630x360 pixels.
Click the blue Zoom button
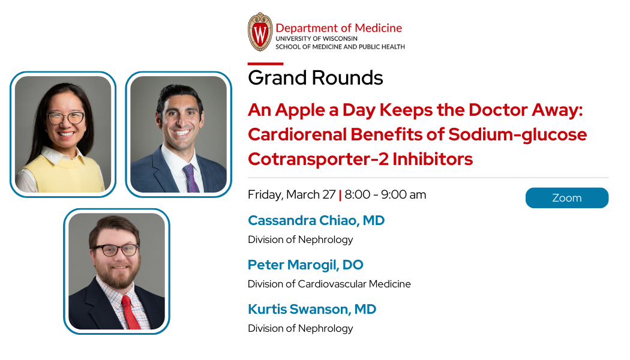[x=566, y=198]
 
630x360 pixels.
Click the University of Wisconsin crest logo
[x=260, y=32]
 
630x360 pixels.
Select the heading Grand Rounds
[x=315, y=78]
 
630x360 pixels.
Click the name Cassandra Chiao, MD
[x=316, y=220]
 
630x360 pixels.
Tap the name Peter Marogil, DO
[x=305, y=265]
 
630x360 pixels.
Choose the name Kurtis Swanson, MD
[x=312, y=309]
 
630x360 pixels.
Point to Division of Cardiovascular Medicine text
[x=329, y=284]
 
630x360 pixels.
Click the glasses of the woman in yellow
[x=66, y=118]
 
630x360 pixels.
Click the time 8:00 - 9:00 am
[x=386, y=195]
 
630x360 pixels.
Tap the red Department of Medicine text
[x=338, y=28]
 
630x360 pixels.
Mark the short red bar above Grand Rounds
[x=265, y=64]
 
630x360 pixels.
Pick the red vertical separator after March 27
[x=340, y=195]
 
